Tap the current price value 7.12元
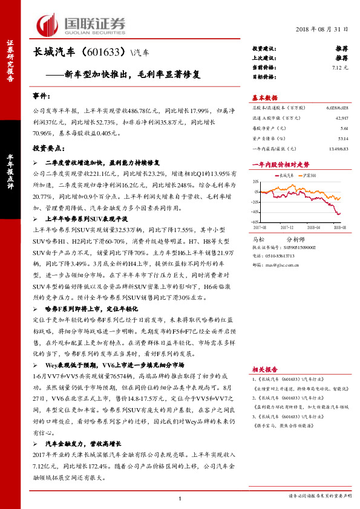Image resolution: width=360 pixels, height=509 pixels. [x=340, y=68]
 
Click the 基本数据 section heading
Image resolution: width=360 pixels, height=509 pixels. [x=264, y=98]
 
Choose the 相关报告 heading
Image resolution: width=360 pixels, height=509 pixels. [x=264, y=368]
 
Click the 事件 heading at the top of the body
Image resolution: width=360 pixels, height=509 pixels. [x=39, y=96]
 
